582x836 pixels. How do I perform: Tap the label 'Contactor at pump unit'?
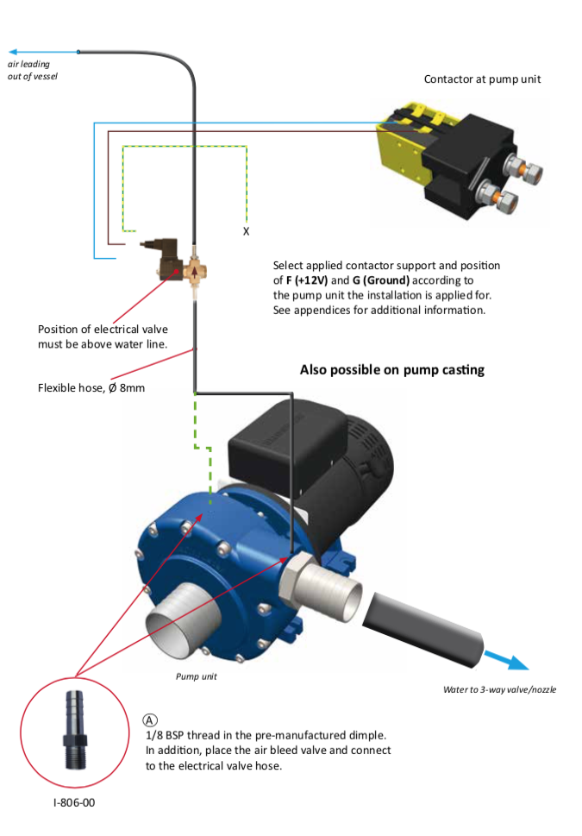482,79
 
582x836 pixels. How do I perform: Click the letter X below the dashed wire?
247,232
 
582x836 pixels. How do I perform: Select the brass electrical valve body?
196,271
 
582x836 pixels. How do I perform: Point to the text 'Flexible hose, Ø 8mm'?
91,388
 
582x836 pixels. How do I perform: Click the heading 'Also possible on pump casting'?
391,370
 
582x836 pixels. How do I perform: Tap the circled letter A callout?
151,720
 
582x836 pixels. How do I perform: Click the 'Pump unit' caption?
197,676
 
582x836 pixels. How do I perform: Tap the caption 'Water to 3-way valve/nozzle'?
499,689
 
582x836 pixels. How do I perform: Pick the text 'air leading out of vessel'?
33,71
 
